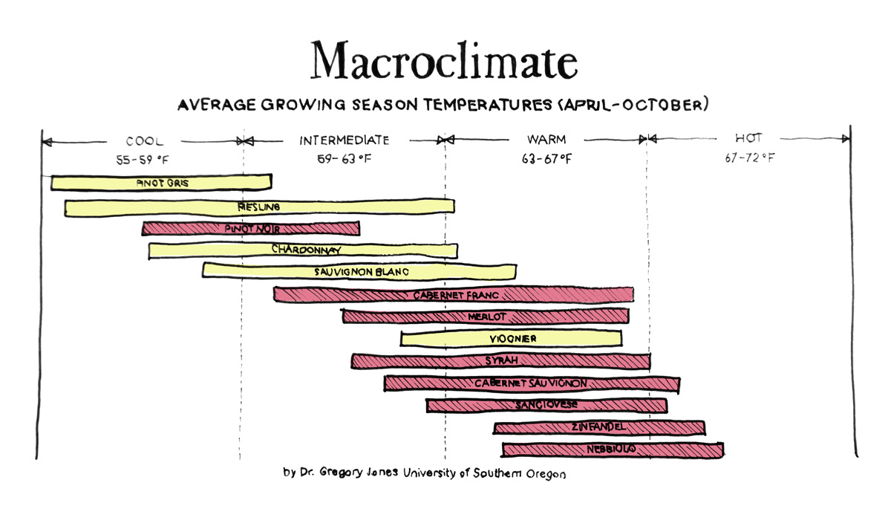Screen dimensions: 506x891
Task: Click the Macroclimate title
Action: pyautogui.click(x=444, y=61)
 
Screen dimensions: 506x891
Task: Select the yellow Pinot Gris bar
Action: pyautogui.click(x=161, y=182)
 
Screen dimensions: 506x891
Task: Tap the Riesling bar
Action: pyautogui.click(x=259, y=207)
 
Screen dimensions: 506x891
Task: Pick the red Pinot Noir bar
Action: pyautogui.click(x=251, y=229)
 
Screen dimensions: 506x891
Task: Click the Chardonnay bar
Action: pyautogui.click(x=303, y=250)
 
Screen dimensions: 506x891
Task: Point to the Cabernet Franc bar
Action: pyautogui.click(x=453, y=295)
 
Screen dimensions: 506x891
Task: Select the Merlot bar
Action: pyautogui.click(x=486, y=317)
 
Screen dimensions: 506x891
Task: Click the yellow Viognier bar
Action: pyautogui.click(x=511, y=339)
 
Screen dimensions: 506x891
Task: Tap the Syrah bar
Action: pyautogui.click(x=501, y=361)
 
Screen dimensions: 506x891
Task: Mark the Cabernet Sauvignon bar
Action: pyautogui.click(x=532, y=383)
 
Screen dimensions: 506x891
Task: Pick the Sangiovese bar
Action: pyautogui.click(x=546, y=405)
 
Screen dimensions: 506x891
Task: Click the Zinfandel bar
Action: pyautogui.click(x=598, y=427)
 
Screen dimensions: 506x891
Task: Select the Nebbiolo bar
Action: pyautogui.click(x=612, y=450)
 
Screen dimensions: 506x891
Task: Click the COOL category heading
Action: pyautogui.click(x=145, y=140)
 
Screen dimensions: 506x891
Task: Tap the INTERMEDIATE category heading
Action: pyautogui.click(x=344, y=140)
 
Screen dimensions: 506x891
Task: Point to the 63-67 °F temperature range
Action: pyautogui.click(x=546, y=158)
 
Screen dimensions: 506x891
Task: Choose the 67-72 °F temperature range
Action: pyautogui.click(x=750, y=158)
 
